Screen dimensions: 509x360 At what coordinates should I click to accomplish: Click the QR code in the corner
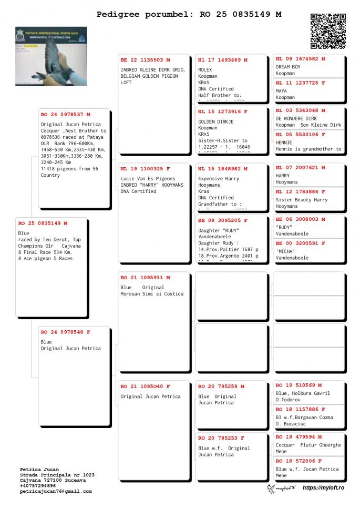328,31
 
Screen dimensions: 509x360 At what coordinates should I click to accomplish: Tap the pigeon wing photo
51,56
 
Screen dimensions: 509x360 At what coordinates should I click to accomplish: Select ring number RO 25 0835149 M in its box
43,223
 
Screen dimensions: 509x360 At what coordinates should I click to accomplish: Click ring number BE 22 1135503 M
146,60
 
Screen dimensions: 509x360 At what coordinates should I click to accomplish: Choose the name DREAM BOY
288,67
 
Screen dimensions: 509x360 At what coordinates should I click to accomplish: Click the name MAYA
281,91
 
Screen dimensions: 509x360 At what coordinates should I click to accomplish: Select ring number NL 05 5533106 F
300,135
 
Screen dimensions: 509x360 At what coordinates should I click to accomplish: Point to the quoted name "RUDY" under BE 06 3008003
284,227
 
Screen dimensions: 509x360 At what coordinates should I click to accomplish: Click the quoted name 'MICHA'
285,251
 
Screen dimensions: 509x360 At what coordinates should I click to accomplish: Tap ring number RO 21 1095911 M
146,277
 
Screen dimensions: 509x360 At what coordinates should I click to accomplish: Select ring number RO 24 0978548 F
66,332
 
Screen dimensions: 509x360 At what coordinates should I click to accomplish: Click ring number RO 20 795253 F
221,437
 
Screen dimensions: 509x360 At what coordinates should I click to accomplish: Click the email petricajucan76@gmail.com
56,491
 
